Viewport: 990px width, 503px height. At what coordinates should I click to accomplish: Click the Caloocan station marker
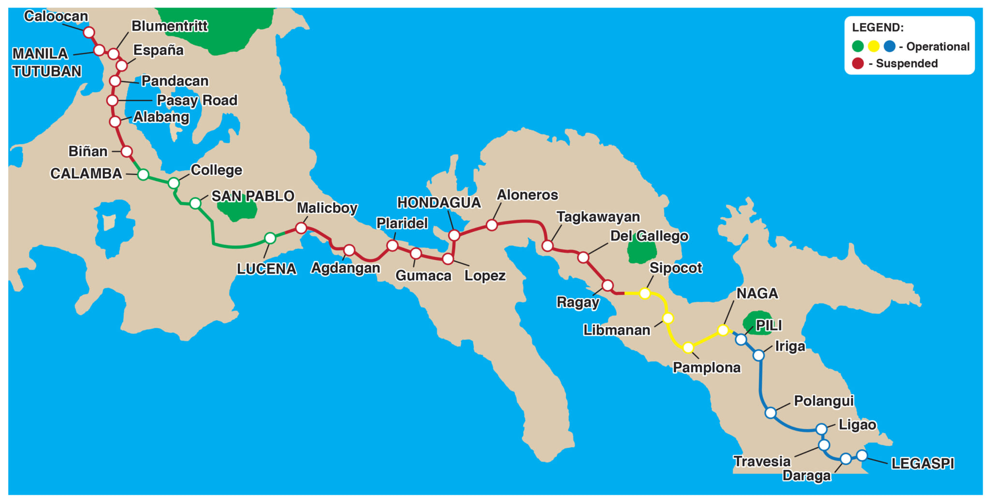(x=88, y=32)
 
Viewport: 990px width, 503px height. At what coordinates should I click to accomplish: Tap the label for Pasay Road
(x=197, y=100)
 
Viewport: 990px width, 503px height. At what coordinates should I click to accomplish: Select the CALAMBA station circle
(x=143, y=174)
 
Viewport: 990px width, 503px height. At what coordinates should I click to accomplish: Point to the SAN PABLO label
(x=253, y=196)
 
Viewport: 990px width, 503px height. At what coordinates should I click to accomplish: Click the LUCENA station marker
(x=270, y=238)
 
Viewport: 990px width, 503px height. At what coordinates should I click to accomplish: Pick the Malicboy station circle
(x=301, y=228)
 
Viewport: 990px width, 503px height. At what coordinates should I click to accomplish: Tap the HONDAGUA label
(x=439, y=202)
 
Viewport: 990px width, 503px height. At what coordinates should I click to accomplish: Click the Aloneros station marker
(x=492, y=225)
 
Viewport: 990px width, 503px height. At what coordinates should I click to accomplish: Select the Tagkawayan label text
(x=598, y=217)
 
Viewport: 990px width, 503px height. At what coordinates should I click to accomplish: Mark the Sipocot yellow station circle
(x=644, y=293)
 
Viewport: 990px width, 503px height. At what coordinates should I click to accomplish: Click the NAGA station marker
(x=723, y=330)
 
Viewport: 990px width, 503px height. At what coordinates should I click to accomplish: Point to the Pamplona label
(x=706, y=368)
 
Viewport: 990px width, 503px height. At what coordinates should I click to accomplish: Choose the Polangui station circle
(x=771, y=413)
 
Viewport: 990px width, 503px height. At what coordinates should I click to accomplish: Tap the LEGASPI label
(x=922, y=463)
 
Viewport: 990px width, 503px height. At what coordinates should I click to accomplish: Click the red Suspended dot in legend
(x=858, y=63)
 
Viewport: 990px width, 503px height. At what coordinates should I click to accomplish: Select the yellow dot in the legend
(x=874, y=46)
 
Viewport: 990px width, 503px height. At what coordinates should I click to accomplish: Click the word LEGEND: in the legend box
(x=877, y=28)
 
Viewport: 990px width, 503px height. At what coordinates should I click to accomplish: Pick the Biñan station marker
(x=127, y=152)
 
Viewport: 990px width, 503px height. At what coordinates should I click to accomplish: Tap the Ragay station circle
(x=608, y=285)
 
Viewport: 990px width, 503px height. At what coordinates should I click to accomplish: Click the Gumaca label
(x=423, y=275)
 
